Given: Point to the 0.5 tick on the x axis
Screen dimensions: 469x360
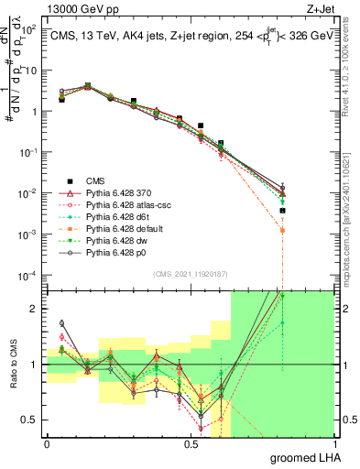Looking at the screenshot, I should [x=191, y=444].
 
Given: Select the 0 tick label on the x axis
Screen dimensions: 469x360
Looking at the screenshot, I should [x=47, y=444].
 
